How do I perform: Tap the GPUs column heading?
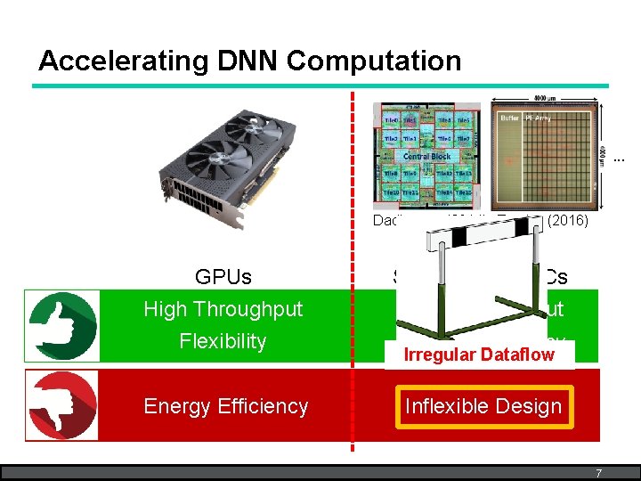click(x=223, y=277)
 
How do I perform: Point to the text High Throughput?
click(x=223, y=309)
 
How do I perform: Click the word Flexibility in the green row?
click(x=223, y=341)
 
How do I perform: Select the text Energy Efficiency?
click(x=225, y=406)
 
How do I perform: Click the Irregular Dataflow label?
click(x=479, y=355)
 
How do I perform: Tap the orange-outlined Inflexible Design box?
click(x=483, y=406)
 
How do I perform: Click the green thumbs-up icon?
click(x=61, y=325)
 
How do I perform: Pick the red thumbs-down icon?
click(x=61, y=406)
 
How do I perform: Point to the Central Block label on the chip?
click(x=427, y=156)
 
